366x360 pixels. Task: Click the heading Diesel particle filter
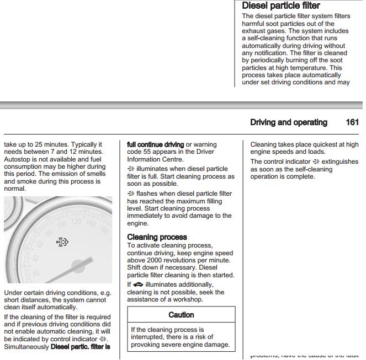[280, 6]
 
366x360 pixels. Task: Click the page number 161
[352, 122]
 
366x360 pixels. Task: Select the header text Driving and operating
[288, 122]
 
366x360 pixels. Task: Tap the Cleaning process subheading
[157, 237]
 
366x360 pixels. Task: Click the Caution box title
[181, 315]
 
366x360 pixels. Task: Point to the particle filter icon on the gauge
[62, 242]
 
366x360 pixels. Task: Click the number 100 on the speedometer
[61, 224]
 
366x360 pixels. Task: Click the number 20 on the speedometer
[36, 273]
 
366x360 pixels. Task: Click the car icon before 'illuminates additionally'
[139, 284]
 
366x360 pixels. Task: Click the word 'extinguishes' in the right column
[340, 162]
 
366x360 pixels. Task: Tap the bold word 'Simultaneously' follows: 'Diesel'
[26, 347]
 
